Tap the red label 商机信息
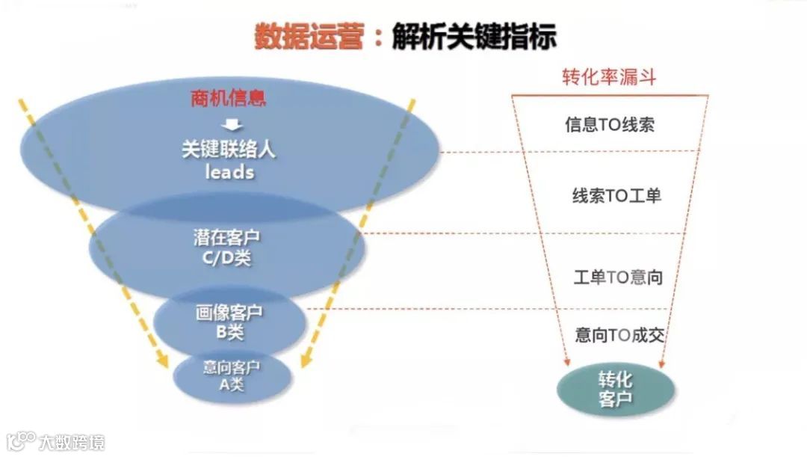click(228, 99)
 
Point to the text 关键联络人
click(229, 149)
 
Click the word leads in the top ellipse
click(229, 172)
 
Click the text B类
click(229, 331)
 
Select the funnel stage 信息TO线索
click(609, 125)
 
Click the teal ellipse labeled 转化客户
click(616, 388)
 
